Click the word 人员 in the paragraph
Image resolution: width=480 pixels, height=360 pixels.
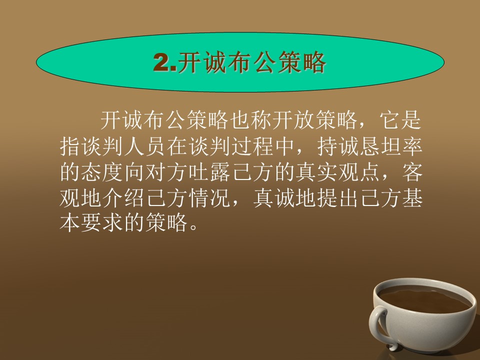pos(145,146)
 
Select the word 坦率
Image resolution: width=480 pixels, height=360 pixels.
pos(401,146)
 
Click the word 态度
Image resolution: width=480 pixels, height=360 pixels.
pos(102,172)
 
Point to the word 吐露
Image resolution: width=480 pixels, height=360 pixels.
pos(209,172)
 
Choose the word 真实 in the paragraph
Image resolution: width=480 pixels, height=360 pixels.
pos(317,172)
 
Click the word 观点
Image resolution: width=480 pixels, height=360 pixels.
pos(360,172)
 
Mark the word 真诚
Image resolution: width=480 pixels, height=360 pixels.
pos(274,198)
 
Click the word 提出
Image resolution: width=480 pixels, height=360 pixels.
pos(338,198)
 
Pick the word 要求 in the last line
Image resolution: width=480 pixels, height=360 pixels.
pos(102,222)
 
